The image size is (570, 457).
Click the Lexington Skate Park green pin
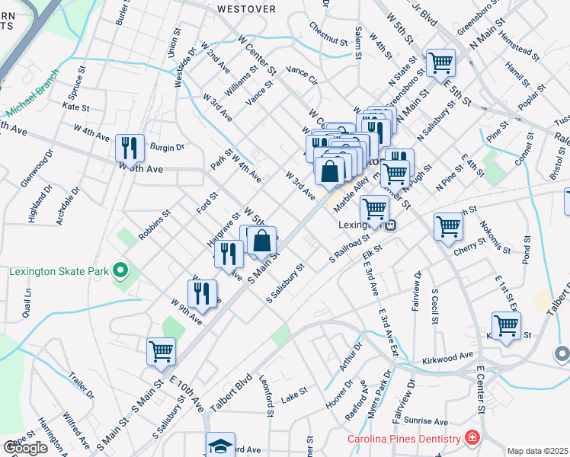(120, 270)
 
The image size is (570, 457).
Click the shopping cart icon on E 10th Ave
(162, 351)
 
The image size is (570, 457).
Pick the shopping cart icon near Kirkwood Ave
(506, 325)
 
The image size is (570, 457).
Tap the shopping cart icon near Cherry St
(448, 225)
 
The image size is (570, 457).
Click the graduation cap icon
(220, 445)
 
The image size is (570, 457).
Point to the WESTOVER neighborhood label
(245, 9)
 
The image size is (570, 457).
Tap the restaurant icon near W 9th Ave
(202, 292)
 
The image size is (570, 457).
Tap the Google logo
(24, 448)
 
